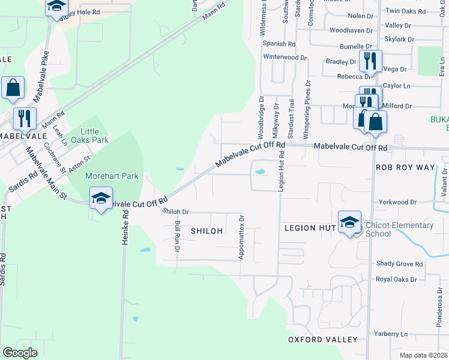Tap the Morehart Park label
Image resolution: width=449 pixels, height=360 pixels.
112,176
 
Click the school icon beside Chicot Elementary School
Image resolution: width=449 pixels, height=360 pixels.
349,223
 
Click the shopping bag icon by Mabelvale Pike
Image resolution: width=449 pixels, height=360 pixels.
13,88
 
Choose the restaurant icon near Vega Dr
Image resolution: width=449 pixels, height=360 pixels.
370,61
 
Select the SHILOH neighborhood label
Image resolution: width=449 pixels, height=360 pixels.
206,231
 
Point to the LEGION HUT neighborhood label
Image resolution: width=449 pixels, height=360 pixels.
309,228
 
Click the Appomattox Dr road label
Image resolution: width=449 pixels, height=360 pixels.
242,238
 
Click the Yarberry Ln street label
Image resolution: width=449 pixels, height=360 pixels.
391,334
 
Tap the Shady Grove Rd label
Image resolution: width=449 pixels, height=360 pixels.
399,263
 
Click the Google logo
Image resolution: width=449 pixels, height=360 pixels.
20,353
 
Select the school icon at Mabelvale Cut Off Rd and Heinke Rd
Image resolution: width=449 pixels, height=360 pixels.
101,198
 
